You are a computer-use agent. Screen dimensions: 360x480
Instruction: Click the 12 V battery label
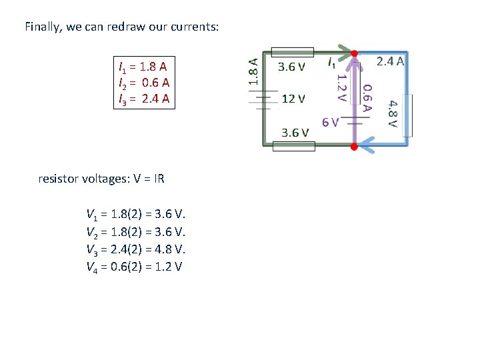(x=294, y=99)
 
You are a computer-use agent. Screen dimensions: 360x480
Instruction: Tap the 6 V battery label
(x=330, y=122)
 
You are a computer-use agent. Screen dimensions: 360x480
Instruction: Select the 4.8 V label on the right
(x=393, y=113)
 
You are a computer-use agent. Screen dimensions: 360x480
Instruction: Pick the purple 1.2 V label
(x=340, y=87)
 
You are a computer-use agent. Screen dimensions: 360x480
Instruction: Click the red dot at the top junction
(x=355, y=53)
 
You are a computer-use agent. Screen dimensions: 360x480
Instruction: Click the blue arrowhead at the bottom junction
(x=369, y=141)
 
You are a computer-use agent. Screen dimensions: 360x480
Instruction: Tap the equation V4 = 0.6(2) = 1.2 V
(x=135, y=267)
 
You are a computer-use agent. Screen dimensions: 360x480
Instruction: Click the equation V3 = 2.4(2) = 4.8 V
(x=136, y=249)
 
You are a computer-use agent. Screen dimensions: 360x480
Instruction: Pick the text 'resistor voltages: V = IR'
(x=102, y=179)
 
